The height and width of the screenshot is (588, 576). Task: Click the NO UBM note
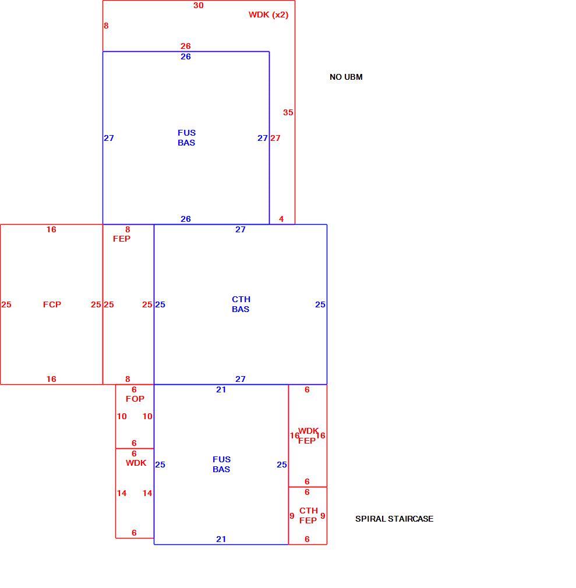pyautogui.click(x=346, y=77)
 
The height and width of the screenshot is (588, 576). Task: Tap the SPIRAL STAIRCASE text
pyautogui.click(x=394, y=519)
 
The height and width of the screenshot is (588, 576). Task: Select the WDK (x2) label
pyautogui.click(x=268, y=15)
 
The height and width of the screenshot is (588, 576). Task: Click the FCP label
pyautogui.click(x=52, y=304)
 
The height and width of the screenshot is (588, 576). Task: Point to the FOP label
pyautogui.click(x=135, y=399)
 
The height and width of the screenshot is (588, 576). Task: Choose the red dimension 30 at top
pyautogui.click(x=198, y=5)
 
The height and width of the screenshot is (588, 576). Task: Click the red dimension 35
pyautogui.click(x=288, y=112)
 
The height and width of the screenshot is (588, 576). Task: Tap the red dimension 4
pyautogui.click(x=281, y=219)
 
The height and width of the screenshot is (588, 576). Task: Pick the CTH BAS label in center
pyautogui.click(x=241, y=304)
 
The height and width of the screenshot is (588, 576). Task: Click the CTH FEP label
pyautogui.click(x=308, y=515)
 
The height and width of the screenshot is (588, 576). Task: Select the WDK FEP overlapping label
pyautogui.click(x=308, y=435)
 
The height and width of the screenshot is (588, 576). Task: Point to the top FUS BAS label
pyautogui.click(x=186, y=137)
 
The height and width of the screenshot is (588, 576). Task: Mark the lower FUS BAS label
pyautogui.click(x=221, y=464)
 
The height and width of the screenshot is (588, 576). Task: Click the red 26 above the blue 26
pyautogui.click(x=185, y=46)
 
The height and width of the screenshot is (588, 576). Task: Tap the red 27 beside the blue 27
pyautogui.click(x=275, y=138)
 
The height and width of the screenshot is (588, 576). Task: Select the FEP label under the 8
pyautogui.click(x=122, y=239)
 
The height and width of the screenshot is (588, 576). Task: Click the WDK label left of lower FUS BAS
pyautogui.click(x=136, y=463)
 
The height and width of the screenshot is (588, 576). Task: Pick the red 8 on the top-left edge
pyautogui.click(x=106, y=26)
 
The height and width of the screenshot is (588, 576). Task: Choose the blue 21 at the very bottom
pyautogui.click(x=221, y=539)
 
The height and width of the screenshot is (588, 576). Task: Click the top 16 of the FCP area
pyautogui.click(x=51, y=229)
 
